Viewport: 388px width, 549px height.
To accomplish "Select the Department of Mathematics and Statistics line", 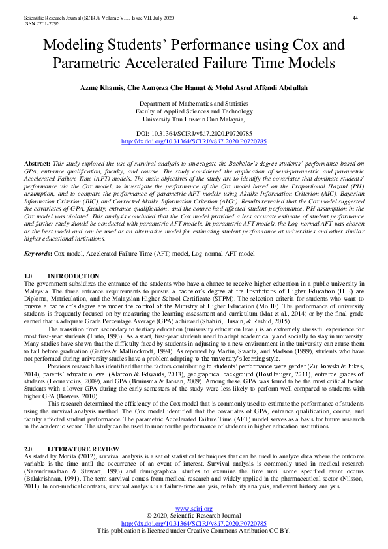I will click(x=194, y=104).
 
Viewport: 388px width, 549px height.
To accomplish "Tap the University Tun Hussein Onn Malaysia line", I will click(x=194, y=119).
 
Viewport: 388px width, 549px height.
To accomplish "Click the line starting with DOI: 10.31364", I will click(x=194, y=133).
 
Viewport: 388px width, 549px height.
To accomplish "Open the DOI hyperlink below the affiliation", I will click(x=194, y=141).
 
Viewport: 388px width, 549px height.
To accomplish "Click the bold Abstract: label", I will click(x=37, y=162).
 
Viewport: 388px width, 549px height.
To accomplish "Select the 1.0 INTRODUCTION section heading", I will click(x=61, y=276).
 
